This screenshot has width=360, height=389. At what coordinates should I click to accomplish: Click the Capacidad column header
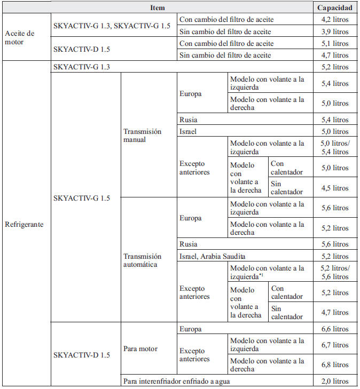[x=335, y=8]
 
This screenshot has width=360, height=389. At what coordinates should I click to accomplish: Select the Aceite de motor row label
[x=20, y=37]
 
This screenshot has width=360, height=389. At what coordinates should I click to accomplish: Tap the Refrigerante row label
[x=25, y=224]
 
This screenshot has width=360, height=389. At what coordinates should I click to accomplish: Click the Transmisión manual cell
[x=142, y=136]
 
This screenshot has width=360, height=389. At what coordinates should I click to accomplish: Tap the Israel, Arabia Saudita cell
[x=212, y=256]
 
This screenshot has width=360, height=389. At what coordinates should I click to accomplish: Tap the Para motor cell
[x=140, y=349]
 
